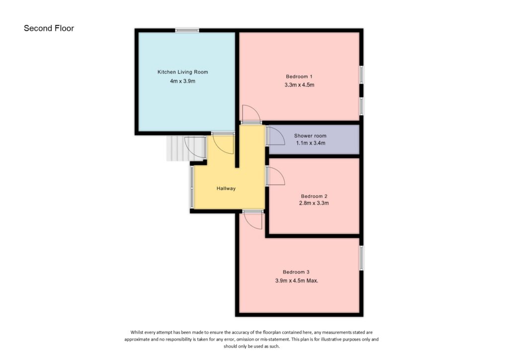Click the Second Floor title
(49, 28)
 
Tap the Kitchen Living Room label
(182, 72)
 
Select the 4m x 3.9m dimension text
(182, 81)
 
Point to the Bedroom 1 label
(299, 77)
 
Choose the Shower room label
(310, 136)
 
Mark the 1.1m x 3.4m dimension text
(310, 143)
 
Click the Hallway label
(226, 188)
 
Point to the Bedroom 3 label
(296, 272)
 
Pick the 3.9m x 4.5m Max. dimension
(297, 280)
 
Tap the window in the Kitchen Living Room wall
(187, 30)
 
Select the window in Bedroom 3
(361, 258)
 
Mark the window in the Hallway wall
(191, 187)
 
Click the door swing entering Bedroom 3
(253, 219)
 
